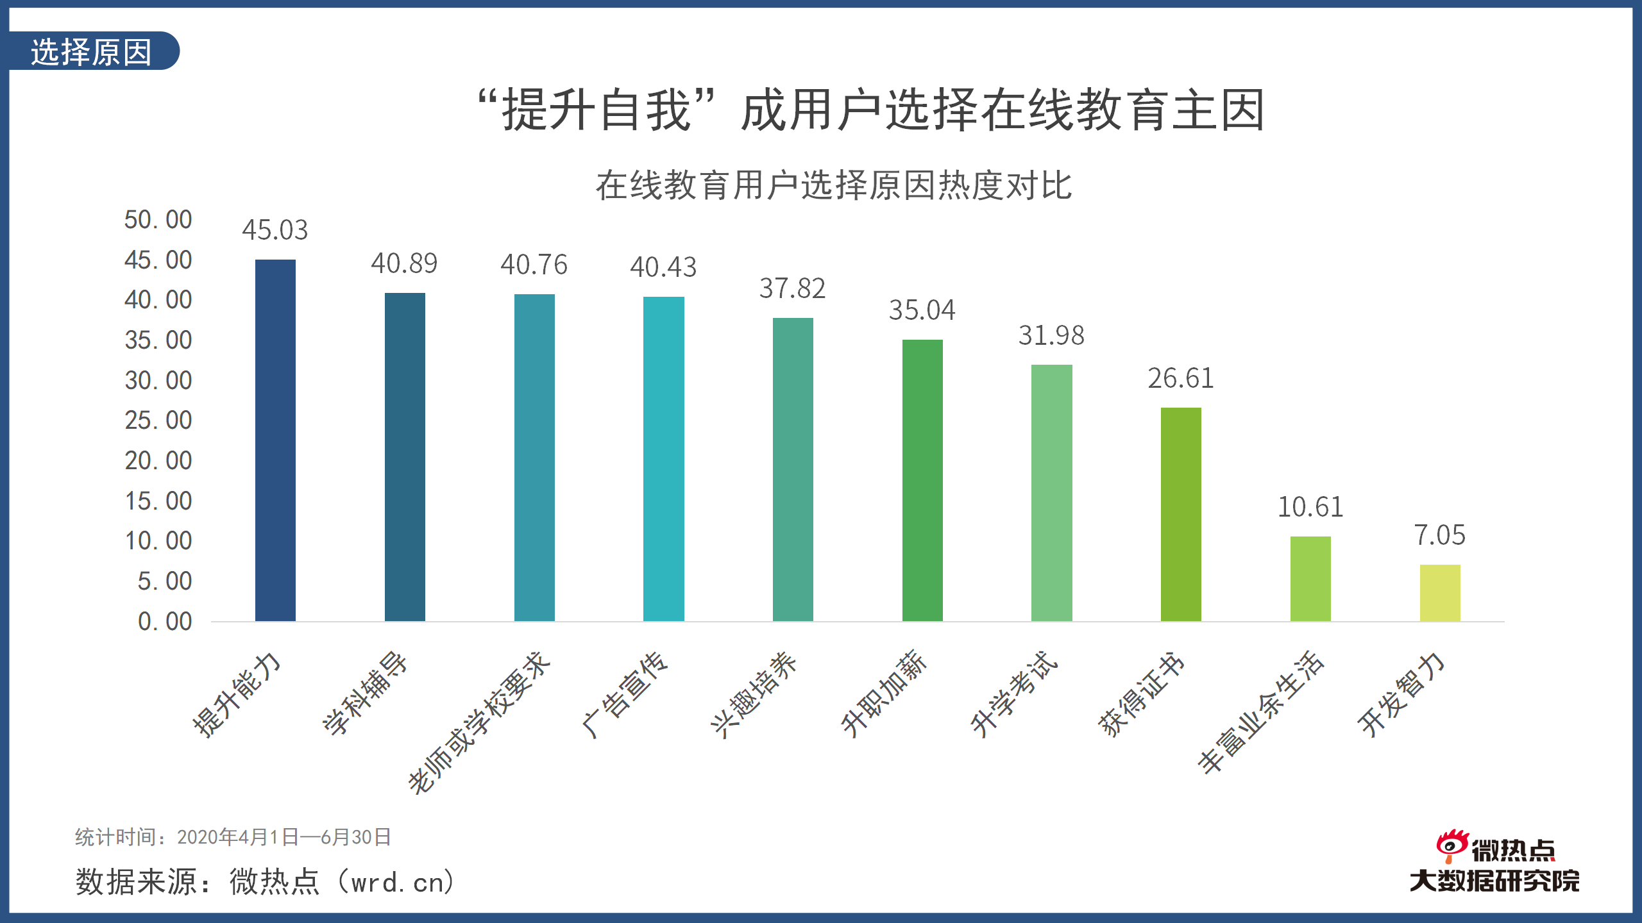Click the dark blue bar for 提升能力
pos(275,440)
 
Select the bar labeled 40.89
pos(405,457)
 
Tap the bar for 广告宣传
pos(663,459)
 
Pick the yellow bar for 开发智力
pos(1439,593)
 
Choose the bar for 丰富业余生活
pos(1310,579)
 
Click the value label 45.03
pos(275,230)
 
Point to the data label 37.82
pos(792,288)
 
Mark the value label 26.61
pos(1180,378)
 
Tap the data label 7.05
pos(1439,535)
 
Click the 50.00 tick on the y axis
pos(158,220)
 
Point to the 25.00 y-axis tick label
pos(158,420)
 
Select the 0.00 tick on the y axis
pos(165,621)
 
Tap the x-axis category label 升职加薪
pos(884,694)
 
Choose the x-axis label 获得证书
pos(1142,694)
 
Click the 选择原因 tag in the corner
pos(91,51)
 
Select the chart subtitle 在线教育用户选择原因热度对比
pos(833,186)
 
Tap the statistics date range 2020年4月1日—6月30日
pos(284,837)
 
